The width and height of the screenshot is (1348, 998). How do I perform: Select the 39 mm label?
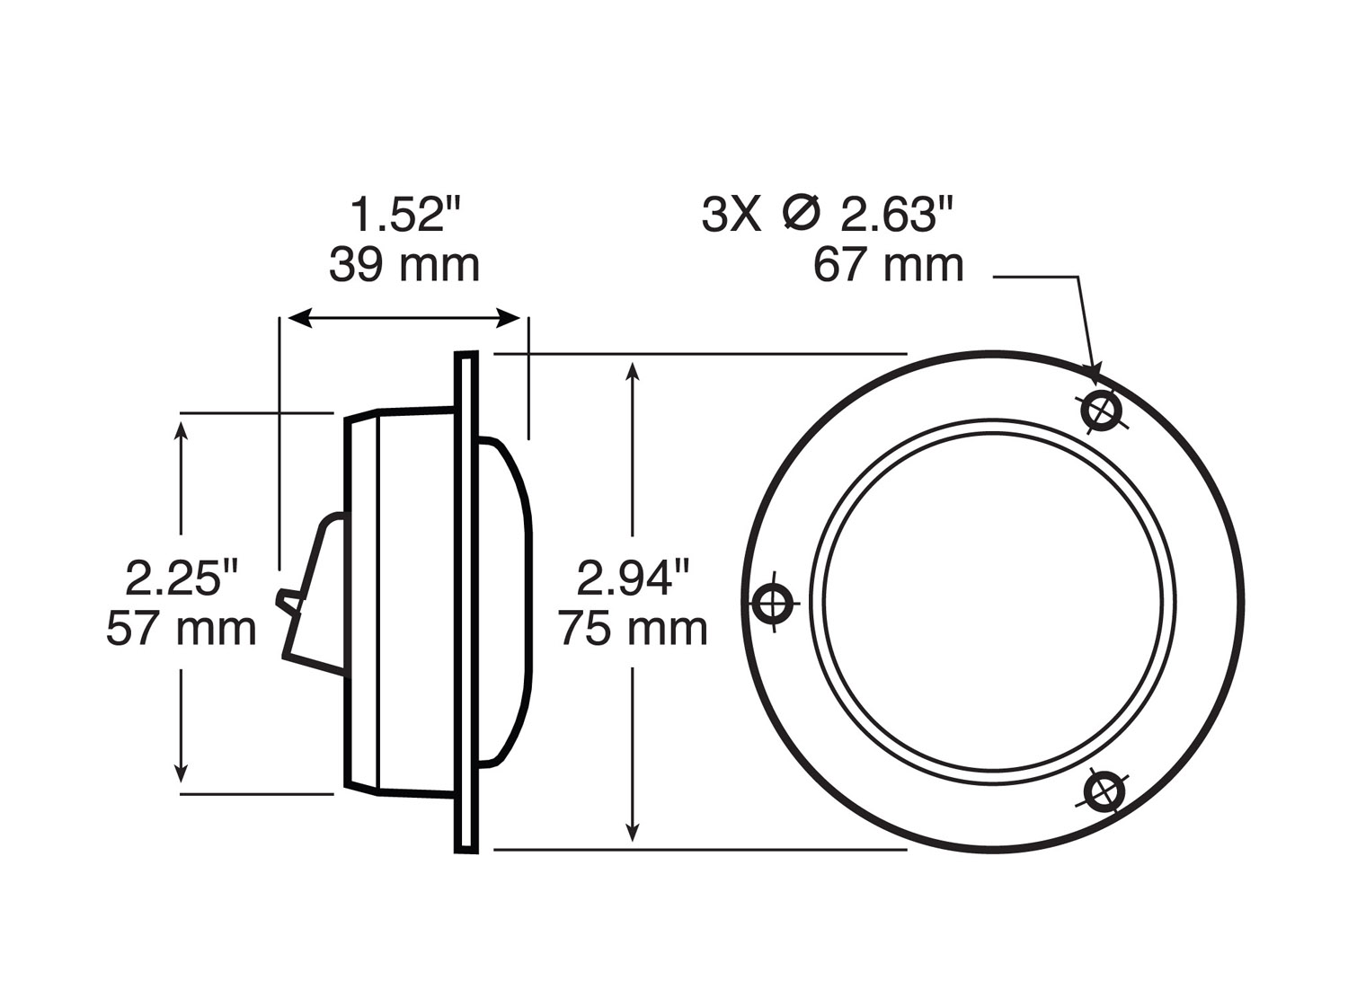(404, 266)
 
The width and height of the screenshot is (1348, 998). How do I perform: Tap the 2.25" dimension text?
(183, 578)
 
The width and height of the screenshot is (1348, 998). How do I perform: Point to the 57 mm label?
(182, 629)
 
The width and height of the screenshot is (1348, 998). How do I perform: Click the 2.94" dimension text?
(634, 578)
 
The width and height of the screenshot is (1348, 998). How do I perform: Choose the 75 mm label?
(634, 629)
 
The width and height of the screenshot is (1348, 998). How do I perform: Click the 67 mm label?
(888, 266)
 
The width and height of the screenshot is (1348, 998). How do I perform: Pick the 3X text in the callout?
(731, 216)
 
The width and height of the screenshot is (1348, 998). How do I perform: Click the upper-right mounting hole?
(1102, 411)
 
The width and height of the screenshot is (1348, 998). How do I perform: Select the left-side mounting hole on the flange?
(772, 602)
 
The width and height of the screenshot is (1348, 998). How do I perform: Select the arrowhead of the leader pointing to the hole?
(1095, 372)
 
